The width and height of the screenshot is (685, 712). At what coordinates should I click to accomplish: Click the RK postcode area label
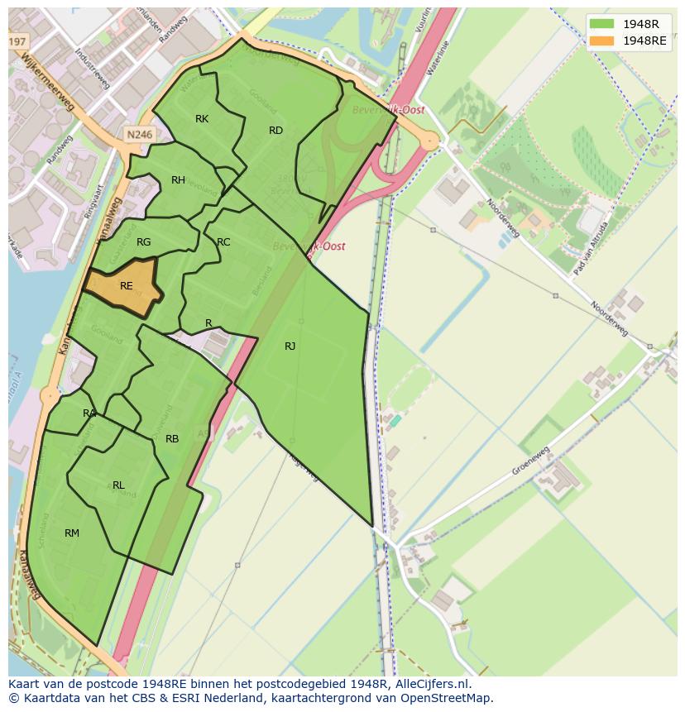[202, 119]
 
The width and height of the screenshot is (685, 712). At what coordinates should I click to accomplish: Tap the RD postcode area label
[275, 131]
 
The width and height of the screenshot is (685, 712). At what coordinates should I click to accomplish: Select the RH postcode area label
[178, 180]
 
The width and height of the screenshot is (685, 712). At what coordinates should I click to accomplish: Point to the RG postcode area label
[144, 242]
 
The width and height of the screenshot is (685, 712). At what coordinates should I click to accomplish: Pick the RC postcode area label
[223, 242]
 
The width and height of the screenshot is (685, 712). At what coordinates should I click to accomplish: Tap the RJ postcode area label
[290, 346]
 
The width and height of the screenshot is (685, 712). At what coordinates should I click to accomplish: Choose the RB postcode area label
[172, 439]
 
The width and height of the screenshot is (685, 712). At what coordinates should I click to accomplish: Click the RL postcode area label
[118, 485]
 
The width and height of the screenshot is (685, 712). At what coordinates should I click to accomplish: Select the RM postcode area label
[72, 533]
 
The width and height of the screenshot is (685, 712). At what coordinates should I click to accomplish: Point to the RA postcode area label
[89, 413]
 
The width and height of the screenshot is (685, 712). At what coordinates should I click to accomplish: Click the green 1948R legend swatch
[602, 24]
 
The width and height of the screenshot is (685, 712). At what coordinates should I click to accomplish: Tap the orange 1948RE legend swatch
[602, 41]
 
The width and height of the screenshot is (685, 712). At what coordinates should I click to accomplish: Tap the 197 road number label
[17, 41]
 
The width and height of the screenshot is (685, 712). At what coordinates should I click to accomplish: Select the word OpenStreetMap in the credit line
[448, 698]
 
